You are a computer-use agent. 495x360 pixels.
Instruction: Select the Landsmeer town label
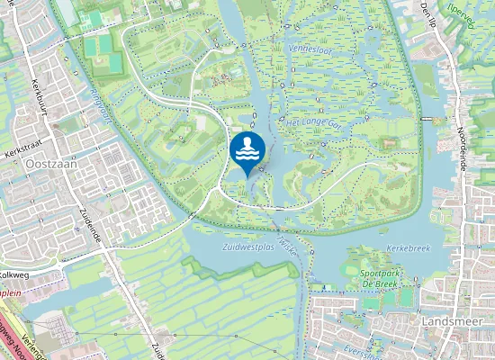tap(449, 319)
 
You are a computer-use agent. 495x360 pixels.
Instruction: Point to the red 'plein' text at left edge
tap(10, 292)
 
